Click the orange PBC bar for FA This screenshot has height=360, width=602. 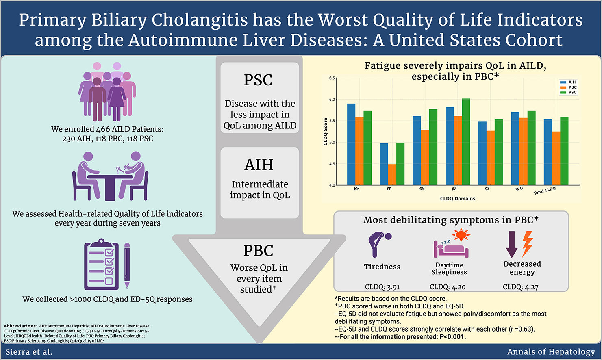pos(392,175)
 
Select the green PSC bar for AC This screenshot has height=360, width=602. pos(465,142)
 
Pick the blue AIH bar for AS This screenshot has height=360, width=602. pos(351,144)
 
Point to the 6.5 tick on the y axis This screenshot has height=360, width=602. pos(332,78)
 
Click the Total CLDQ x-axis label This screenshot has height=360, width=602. pos(544,191)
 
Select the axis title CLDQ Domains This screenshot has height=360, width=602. pos(457,199)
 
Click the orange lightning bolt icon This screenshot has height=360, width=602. pos(527,243)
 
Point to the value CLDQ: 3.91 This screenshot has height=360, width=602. pos(382,287)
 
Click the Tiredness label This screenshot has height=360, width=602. pos(382,267)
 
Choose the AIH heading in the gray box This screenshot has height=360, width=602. pos(259,165)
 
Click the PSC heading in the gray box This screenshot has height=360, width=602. pos(258,80)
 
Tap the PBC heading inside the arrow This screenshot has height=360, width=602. pos(258,251)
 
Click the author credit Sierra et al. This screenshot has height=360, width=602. pos(29,352)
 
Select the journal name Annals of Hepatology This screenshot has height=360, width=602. pos(551,352)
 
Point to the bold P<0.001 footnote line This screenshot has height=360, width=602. pos(400,336)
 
